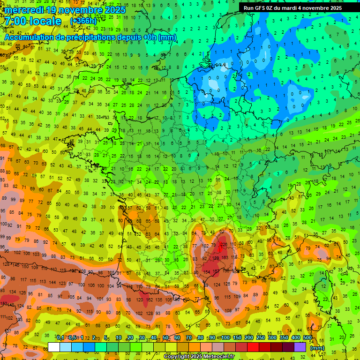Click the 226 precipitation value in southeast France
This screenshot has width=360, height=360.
tap(224, 244)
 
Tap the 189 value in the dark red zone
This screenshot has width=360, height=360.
tap(216, 258)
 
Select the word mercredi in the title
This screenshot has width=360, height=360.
tap(23, 10)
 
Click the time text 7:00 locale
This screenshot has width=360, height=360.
tap(33, 22)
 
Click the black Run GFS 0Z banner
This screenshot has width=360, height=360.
tap(293, 7)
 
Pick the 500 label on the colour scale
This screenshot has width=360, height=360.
tap(307, 338)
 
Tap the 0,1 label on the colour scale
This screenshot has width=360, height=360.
tap(60, 338)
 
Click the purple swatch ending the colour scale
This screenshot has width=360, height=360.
tap(300, 347)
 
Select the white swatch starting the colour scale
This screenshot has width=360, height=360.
tap(54, 347)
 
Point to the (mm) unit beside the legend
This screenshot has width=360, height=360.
tap(317, 348)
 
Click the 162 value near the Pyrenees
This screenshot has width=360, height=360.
tap(150, 299)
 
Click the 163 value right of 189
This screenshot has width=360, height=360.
tap(226, 258)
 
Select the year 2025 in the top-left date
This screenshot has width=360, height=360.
tap(115, 10)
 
